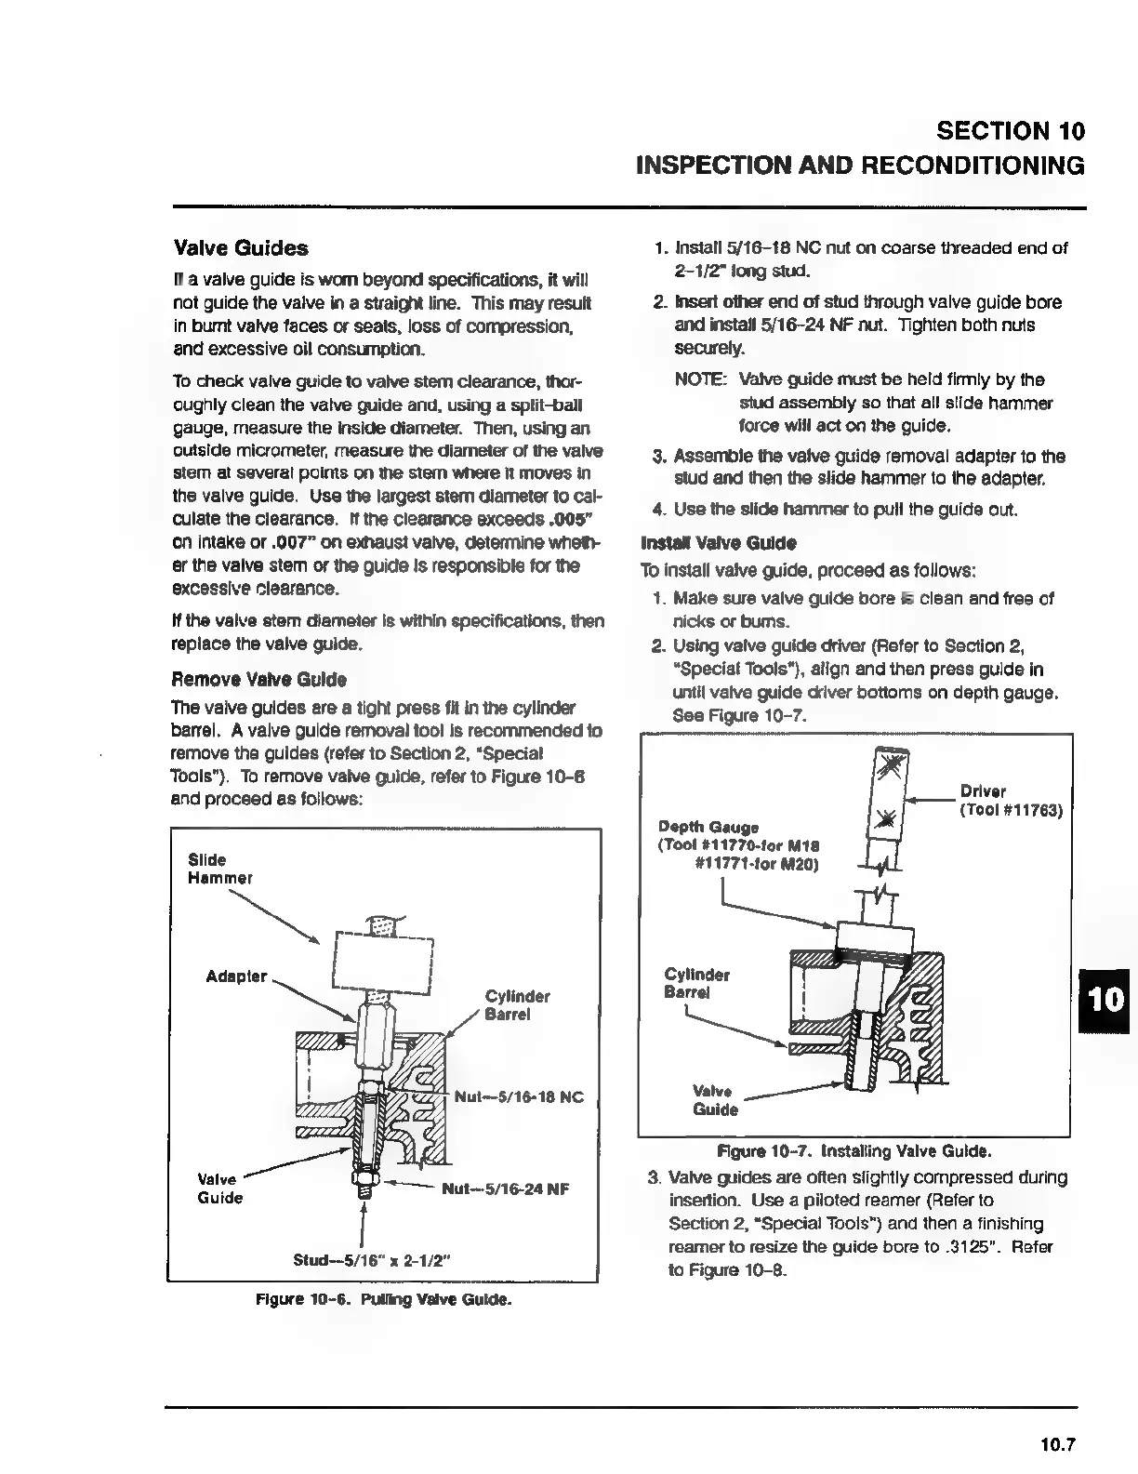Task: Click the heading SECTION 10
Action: [x=1011, y=130]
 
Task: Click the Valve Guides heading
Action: [x=241, y=248]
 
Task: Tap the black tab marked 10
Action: [x=1106, y=1000]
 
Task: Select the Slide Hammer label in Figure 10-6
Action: [x=219, y=869]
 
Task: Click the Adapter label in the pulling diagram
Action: [x=236, y=976]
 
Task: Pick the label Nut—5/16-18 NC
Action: [x=519, y=1097]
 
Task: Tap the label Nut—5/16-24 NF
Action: [x=505, y=1188]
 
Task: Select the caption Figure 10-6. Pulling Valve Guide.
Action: [x=383, y=1299]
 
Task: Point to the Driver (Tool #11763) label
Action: [x=1010, y=801]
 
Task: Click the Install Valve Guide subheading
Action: [x=719, y=542]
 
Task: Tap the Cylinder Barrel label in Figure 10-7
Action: [x=696, y=983]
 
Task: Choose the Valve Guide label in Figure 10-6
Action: [x=220, y=1188]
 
